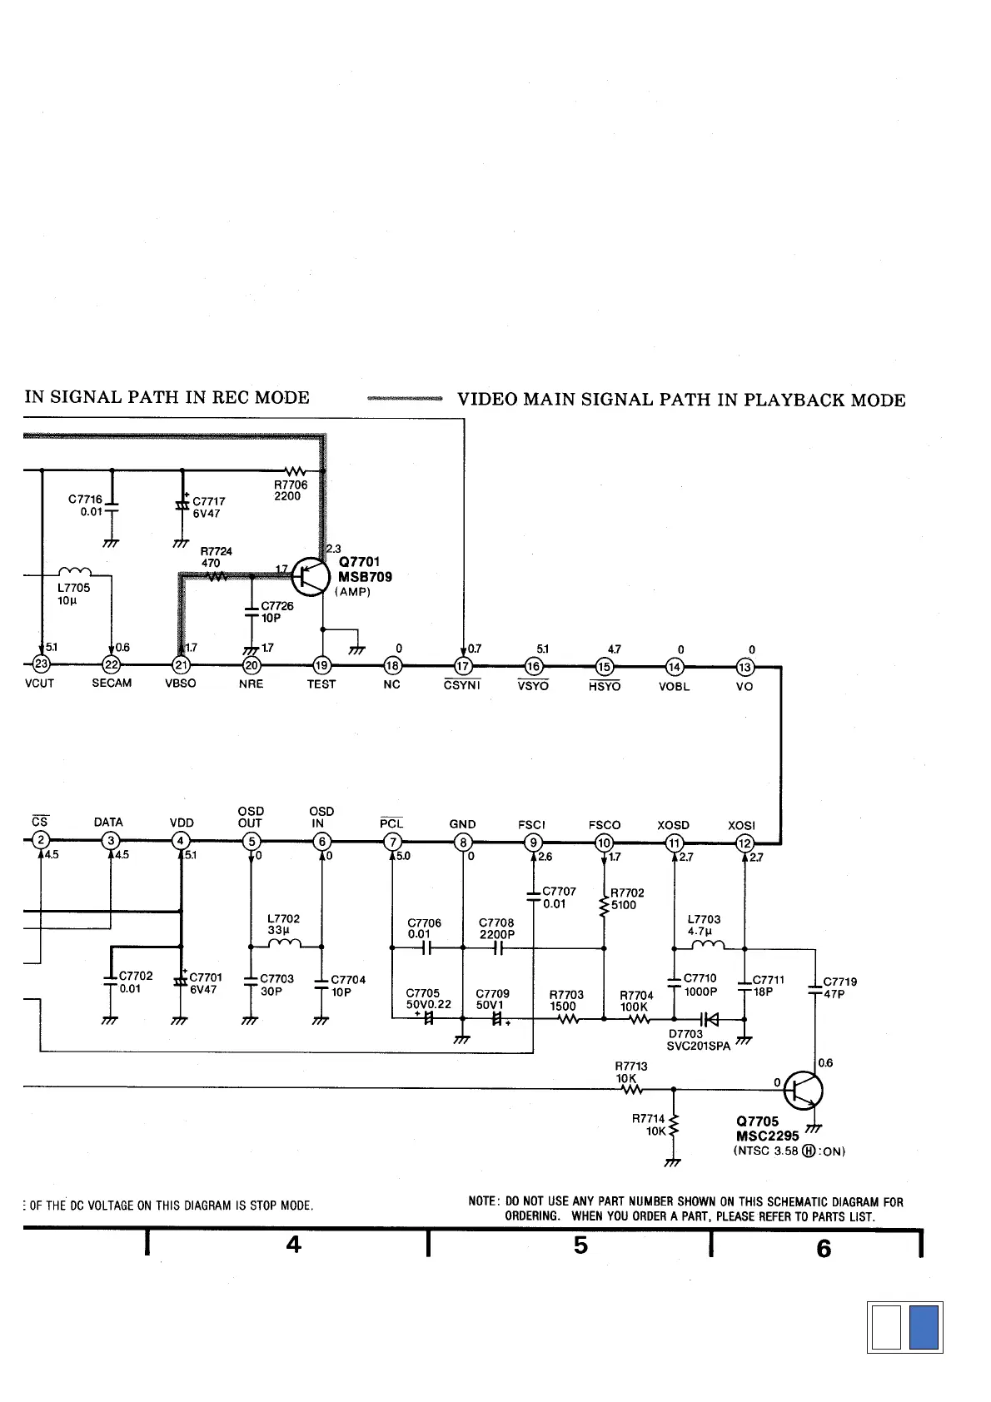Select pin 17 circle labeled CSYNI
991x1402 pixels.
[463, 666]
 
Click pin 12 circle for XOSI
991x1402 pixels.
[745, 843]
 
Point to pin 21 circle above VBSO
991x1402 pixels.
[181, 665]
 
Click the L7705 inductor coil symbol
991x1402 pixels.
[76, 572]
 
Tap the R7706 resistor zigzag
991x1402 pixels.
[296, 472]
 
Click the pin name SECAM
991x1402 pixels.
[112, 684]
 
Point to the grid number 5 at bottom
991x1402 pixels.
[580, 1245]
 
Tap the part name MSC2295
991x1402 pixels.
[767, 1136]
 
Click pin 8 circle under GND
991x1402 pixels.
[463, 843]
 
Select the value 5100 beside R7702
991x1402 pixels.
[624, 905]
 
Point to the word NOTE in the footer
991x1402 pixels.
[483, 1202]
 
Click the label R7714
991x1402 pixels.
[648, 1119]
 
